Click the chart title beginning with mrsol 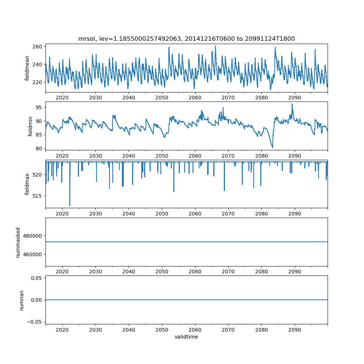coord(186,39)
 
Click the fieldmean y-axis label coord(27,68)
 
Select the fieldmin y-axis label coord(30,126)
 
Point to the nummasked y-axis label coord(18,242)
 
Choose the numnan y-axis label coord(21,300)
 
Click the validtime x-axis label coord(186,337)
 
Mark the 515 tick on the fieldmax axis coord(39,196)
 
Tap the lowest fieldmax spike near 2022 coord(70,206)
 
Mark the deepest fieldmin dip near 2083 coord(273,147)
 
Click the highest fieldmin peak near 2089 coord(292,104)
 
